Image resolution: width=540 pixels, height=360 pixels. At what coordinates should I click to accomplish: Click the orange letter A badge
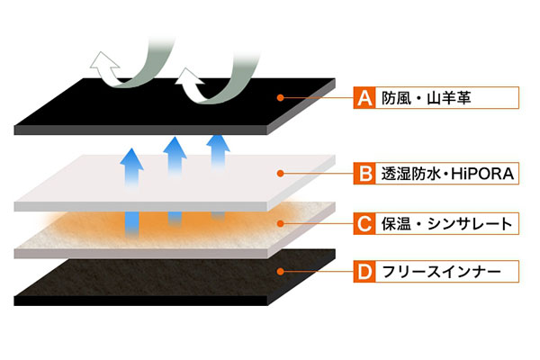click(x=364, y=98)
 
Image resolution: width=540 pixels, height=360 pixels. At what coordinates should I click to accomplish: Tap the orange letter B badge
click(x=364, y=174)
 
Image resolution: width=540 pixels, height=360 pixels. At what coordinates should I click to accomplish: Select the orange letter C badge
click(x=364, y=223)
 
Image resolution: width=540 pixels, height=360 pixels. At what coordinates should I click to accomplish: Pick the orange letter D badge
click(x=364, y=272)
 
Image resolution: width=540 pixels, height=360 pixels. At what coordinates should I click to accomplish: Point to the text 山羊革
click(x=449, y=98)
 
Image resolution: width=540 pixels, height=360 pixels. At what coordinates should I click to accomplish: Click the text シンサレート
click(x=470, y=224)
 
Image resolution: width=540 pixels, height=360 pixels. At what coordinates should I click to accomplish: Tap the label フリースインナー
click(x=441, y=272)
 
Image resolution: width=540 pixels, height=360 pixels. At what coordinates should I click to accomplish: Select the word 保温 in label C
click(x=396, y=224)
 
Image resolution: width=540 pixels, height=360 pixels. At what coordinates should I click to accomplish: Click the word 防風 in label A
click(x=396, y=98)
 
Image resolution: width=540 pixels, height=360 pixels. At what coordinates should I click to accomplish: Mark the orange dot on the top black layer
click(x=280, y=98)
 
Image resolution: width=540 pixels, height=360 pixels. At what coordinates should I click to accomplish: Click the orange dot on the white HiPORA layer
click(x=280, y=174)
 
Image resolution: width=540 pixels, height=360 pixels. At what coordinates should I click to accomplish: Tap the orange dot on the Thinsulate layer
click(x=280, y=223)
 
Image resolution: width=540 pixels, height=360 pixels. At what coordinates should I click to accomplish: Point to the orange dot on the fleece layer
click(x=280, y=272)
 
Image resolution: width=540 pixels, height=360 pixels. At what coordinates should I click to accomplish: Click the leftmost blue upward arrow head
click(x=132, y=159)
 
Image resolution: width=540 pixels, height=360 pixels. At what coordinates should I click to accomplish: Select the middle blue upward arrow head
click(x=175, y=148)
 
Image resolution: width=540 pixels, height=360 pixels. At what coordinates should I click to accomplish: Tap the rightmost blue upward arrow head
click(x=218, y=143)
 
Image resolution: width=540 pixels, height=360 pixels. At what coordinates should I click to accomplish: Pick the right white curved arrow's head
click(x=189, y=77)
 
